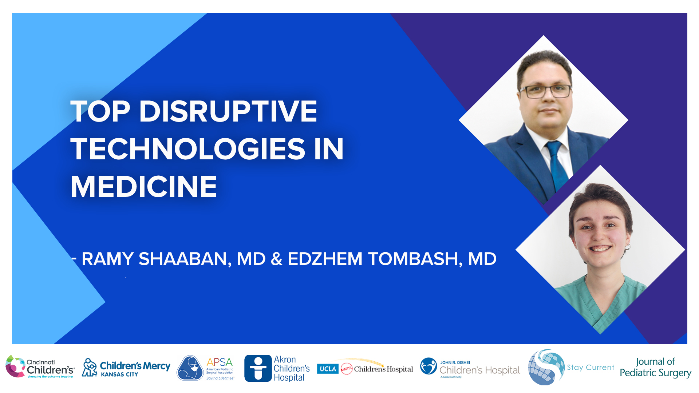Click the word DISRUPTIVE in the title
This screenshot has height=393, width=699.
click(228, 111)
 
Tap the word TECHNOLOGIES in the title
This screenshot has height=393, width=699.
click(188, 149)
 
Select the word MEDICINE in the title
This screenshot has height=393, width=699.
click(143, 187)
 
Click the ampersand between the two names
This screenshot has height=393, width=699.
click(276, 259)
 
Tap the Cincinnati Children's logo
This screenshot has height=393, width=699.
click(40, 367)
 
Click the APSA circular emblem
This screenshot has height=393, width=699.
click(190, 368)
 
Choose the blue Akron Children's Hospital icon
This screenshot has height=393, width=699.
click(258, 368)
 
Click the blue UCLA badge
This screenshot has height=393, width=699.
click(328, 369)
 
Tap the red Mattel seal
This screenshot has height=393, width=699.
click(346, 369)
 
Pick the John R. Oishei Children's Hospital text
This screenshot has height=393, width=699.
click(479, 368)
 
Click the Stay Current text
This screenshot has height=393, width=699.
click(590, 368)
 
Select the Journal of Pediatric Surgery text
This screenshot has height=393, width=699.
click(655, 368)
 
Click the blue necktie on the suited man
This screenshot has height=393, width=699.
click(557, 164)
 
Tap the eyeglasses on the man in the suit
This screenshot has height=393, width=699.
click(545, 91)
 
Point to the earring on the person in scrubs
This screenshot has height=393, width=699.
click(628, 247)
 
